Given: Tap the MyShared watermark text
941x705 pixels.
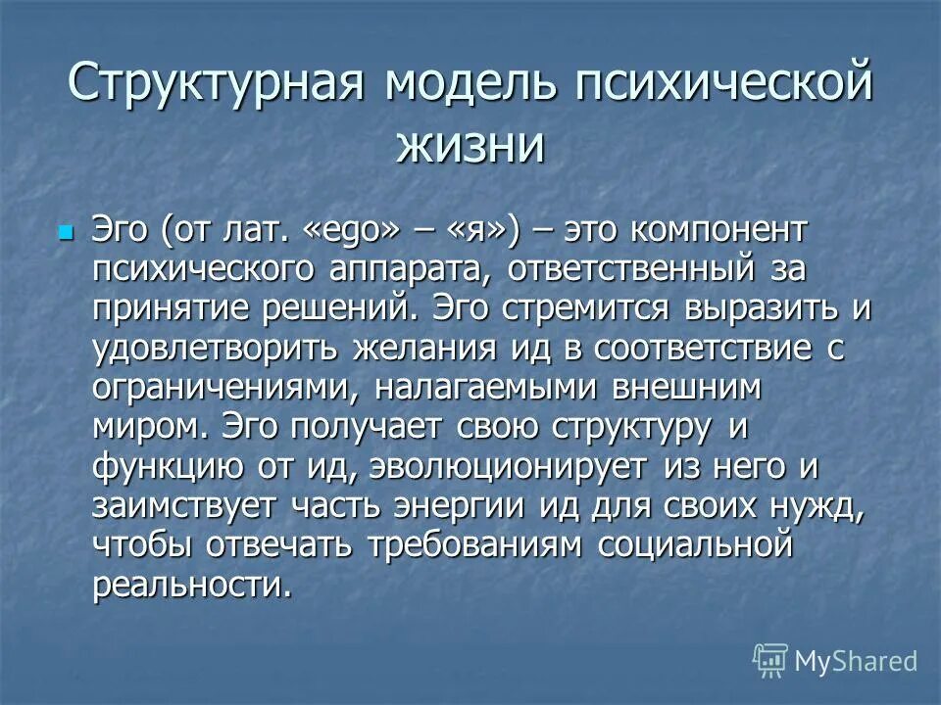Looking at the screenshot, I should (856, 661).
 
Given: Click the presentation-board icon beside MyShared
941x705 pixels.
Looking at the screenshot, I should (770, 661).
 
